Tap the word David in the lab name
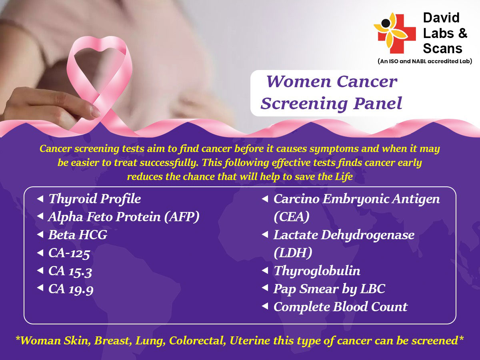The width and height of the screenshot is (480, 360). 441,18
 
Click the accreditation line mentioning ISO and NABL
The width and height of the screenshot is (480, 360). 425,61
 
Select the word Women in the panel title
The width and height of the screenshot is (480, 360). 298,82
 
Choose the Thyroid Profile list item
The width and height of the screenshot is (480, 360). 95,199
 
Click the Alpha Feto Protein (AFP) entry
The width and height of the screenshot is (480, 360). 124,217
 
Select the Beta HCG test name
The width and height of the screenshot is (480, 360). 78,235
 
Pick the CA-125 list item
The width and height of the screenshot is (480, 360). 69,253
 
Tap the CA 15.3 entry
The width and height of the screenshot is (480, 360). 70,271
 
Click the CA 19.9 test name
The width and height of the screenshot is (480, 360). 71,289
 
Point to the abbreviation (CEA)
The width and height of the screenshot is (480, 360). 292,217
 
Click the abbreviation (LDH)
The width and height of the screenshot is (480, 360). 293,253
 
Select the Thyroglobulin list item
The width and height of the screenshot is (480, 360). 317,271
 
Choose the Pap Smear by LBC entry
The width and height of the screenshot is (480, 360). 329,289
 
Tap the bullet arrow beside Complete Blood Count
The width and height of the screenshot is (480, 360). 265,306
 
